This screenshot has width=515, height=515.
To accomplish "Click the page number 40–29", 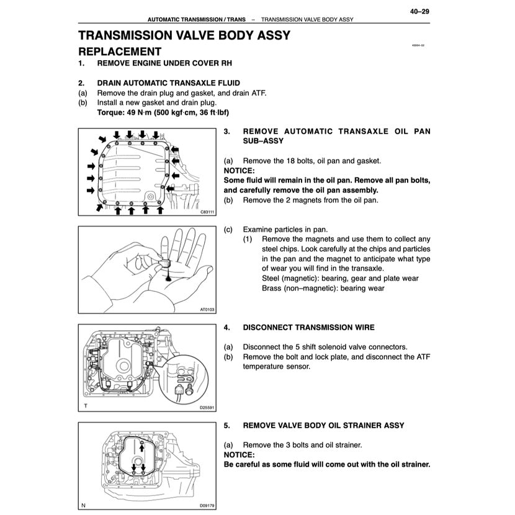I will (419, 11).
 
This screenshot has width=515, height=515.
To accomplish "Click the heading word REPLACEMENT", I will (120, 52).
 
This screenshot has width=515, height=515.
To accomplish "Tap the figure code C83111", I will (208, 212).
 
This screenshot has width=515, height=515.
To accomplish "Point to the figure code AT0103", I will (208, 309).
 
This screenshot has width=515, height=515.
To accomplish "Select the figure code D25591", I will (207, 408).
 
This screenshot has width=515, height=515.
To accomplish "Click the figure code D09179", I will (207, 505).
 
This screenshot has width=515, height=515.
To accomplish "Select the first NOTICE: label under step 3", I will (239, 170).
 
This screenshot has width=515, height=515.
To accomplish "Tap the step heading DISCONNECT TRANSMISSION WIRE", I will (308, 327).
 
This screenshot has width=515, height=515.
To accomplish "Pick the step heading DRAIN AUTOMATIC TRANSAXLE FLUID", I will (168, 83).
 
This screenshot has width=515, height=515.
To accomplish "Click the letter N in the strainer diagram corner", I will (84, 504).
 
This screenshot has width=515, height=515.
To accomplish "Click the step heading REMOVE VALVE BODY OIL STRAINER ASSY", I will (323, 425).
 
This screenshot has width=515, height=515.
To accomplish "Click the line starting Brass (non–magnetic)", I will (323, 288).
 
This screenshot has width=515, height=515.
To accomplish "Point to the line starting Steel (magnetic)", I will (340, 278).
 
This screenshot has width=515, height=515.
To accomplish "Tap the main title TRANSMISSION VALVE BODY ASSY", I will (184, 35).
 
